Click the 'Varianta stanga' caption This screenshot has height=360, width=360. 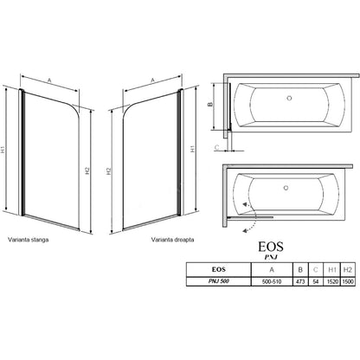(x=29, y=240)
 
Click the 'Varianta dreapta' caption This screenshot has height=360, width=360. (x=172, y=240)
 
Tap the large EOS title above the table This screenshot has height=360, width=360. (x=271, y=247)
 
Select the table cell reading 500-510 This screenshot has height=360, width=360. (x=272, y=281)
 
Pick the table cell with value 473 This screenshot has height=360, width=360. (x=300, y=281)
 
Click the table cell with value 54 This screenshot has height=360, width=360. (x=316, y=281)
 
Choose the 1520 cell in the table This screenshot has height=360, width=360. (x=332, y=281)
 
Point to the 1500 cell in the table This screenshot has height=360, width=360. (x=348, y=281)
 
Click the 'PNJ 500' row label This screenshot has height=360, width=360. (x=219, y=281)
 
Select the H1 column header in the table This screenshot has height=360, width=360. (x=332, y=270)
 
